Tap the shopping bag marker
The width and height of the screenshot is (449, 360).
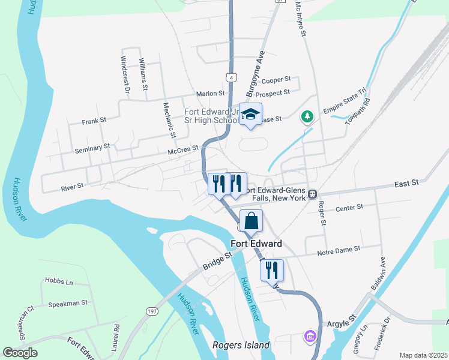point(252,221)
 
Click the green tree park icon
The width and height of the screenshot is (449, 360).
point(307,116)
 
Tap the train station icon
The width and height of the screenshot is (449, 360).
point(313,193)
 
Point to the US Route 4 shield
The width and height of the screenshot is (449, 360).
point(231,77)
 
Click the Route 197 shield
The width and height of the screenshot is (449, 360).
point(152,310)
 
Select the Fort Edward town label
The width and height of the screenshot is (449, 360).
point(256,244)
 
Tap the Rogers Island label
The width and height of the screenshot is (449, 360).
point(241,346)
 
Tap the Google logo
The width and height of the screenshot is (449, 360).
point(20,353)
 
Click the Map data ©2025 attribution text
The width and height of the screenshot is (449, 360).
point(424,355)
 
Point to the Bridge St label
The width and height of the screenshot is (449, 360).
point(217,261)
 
